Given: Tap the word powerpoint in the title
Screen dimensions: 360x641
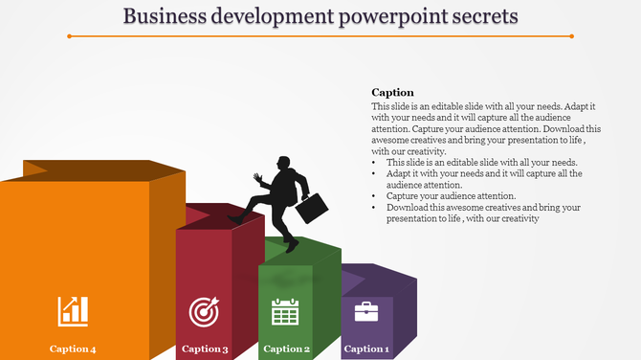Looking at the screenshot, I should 379,16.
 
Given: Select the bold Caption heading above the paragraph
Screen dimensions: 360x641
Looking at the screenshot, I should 392,93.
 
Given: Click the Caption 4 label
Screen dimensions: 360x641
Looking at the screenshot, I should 73,349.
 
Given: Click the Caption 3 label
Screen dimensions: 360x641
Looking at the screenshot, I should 205,349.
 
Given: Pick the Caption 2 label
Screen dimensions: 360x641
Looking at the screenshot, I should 286,349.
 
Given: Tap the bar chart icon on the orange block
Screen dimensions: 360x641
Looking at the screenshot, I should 73,310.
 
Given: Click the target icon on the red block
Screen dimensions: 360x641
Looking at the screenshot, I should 205,310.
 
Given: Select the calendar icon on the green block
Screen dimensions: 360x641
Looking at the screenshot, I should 286,311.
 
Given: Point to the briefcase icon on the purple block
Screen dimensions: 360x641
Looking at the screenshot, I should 367,311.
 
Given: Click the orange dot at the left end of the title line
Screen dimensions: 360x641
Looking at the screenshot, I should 69,36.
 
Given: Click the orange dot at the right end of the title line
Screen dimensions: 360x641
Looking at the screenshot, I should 571,36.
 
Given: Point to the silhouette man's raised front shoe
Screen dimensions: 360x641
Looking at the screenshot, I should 234,219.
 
